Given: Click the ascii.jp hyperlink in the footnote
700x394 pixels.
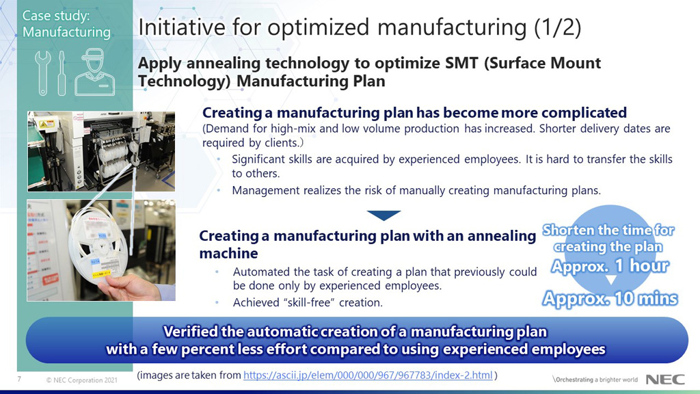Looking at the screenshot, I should (x=368, y=375).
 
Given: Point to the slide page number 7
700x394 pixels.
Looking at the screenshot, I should (x=18, y=379).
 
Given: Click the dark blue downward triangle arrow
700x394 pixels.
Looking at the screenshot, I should (x=383, y=215).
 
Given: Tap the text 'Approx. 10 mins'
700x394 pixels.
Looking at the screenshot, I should (x=610, y=298).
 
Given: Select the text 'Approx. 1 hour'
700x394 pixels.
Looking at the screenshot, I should (x=610, y=265).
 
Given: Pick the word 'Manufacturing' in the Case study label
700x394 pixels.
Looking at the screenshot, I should (x=66, y=32).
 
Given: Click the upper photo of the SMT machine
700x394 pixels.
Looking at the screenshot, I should (x=101, y=151).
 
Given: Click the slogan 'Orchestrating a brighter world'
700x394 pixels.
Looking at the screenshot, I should (x=594, y=380).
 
